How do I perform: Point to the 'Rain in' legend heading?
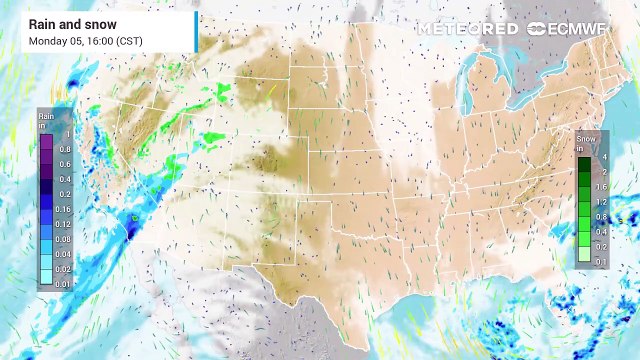pyautogui.click(x=45, y=119)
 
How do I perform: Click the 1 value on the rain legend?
pyautogui.click(x=67, y=134)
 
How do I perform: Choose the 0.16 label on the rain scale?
pyautogui.click(x=66, y=210)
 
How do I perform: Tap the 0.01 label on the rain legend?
pyautogui.click(x=62, y=286)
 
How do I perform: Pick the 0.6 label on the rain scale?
pyautogui.click(x=66, y=164)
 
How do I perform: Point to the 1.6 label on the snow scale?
pyautogui.click(x=602, y=187)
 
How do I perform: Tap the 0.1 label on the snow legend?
pyautogui.click(x=601, y=260)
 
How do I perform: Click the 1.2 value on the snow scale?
pyautogui.click(x=602, y=202)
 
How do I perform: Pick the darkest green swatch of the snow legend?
pyautogui.click(x=584, y=159)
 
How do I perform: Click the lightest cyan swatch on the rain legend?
pyautogui.click(x=45, y=283)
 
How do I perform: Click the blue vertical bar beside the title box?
pyautogui.click(x=196, y=31)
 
